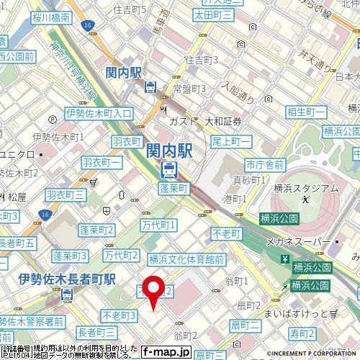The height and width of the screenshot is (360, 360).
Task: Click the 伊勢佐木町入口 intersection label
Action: pyautogui.click(x=99, y=113)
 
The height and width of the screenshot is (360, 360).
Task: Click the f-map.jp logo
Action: pyautogui.click(x=166, y=352)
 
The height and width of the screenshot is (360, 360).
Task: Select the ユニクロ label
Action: pyautogui.click(x=16, y=154)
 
